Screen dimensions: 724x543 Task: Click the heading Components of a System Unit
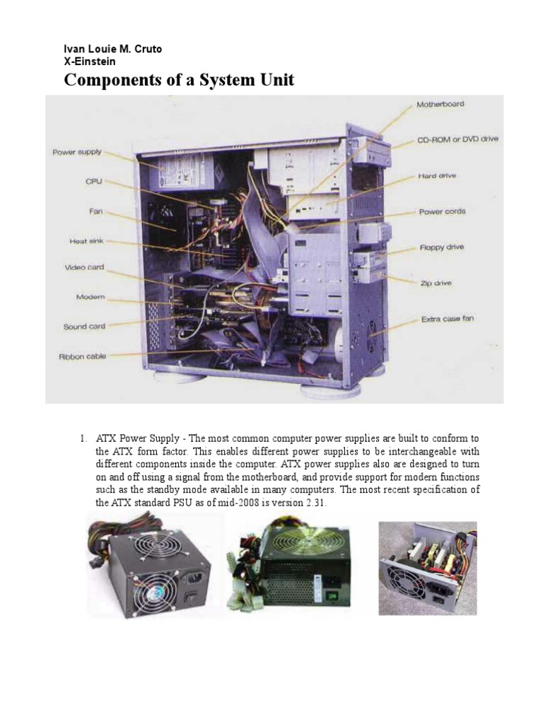click(179, 80)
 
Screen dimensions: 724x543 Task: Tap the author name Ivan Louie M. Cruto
click(113, 49)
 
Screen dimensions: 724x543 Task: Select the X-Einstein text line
click(90, 62)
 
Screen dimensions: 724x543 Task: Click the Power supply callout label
click(76, 151)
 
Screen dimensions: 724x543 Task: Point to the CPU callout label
click(93, 182)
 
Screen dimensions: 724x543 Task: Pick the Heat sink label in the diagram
click(86, 241)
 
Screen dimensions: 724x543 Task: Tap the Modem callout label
click(90, 297)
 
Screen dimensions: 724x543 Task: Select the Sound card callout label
click(84, 327)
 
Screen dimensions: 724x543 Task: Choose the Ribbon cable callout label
click(82, 356)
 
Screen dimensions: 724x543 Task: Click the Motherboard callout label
click(440, 104)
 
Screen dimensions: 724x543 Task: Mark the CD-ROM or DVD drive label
click(457, 139)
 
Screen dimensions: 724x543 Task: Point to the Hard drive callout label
click(437, 175)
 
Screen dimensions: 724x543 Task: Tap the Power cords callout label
click(442, 211)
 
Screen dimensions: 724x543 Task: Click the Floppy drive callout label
click(441, 247)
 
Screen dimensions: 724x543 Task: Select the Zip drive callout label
click(436, 284)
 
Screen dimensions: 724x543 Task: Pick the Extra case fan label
click(448, 319)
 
